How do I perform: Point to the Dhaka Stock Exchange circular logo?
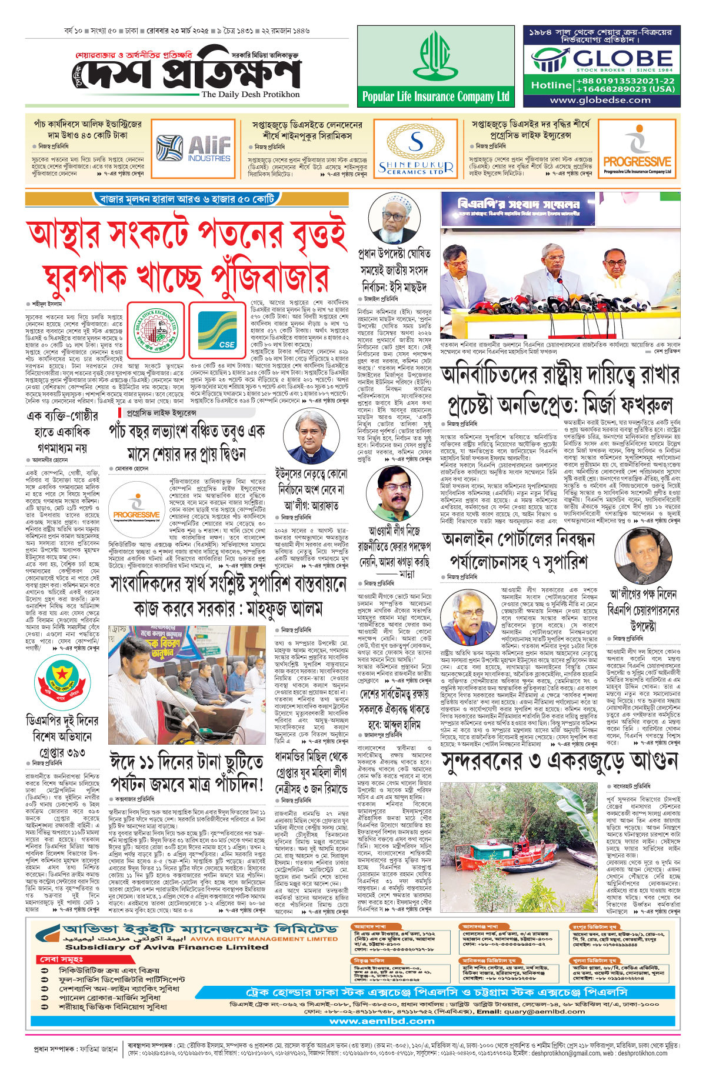156,330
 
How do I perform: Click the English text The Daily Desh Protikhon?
251,94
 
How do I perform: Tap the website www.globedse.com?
600,100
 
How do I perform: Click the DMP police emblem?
62,683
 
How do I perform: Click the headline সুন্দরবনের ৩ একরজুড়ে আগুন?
560,761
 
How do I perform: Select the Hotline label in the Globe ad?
551,85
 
